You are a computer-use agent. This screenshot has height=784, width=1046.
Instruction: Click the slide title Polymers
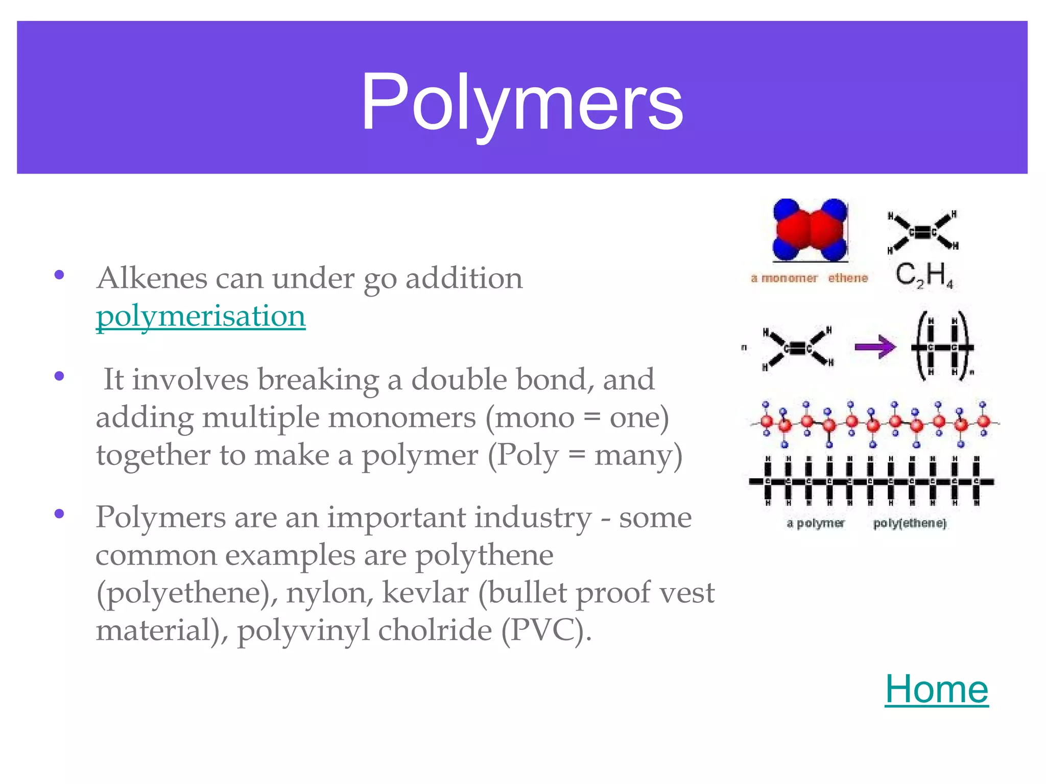point(522,102)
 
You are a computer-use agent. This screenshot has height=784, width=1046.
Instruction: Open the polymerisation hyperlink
point(201,316)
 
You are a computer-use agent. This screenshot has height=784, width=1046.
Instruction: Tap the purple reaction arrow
point(875,347)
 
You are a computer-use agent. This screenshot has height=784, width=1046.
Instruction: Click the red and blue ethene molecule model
point(810,230)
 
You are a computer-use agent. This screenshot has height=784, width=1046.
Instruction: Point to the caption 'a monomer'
point(784,278)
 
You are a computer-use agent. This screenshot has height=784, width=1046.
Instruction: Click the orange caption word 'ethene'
point(848,278)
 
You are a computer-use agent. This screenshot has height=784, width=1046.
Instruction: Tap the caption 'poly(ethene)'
point(910,523)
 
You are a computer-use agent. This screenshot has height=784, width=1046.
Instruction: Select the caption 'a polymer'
point(816,523)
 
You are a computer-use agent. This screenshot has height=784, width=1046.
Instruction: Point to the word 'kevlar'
point(425,593)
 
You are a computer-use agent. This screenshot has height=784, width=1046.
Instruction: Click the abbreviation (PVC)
point(545,630)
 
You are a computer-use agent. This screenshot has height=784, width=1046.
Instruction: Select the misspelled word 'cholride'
point(435,630)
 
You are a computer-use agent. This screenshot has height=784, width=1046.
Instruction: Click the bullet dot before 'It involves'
point(60,377)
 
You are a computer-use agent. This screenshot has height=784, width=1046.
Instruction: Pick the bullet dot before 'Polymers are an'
point(60,513)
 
